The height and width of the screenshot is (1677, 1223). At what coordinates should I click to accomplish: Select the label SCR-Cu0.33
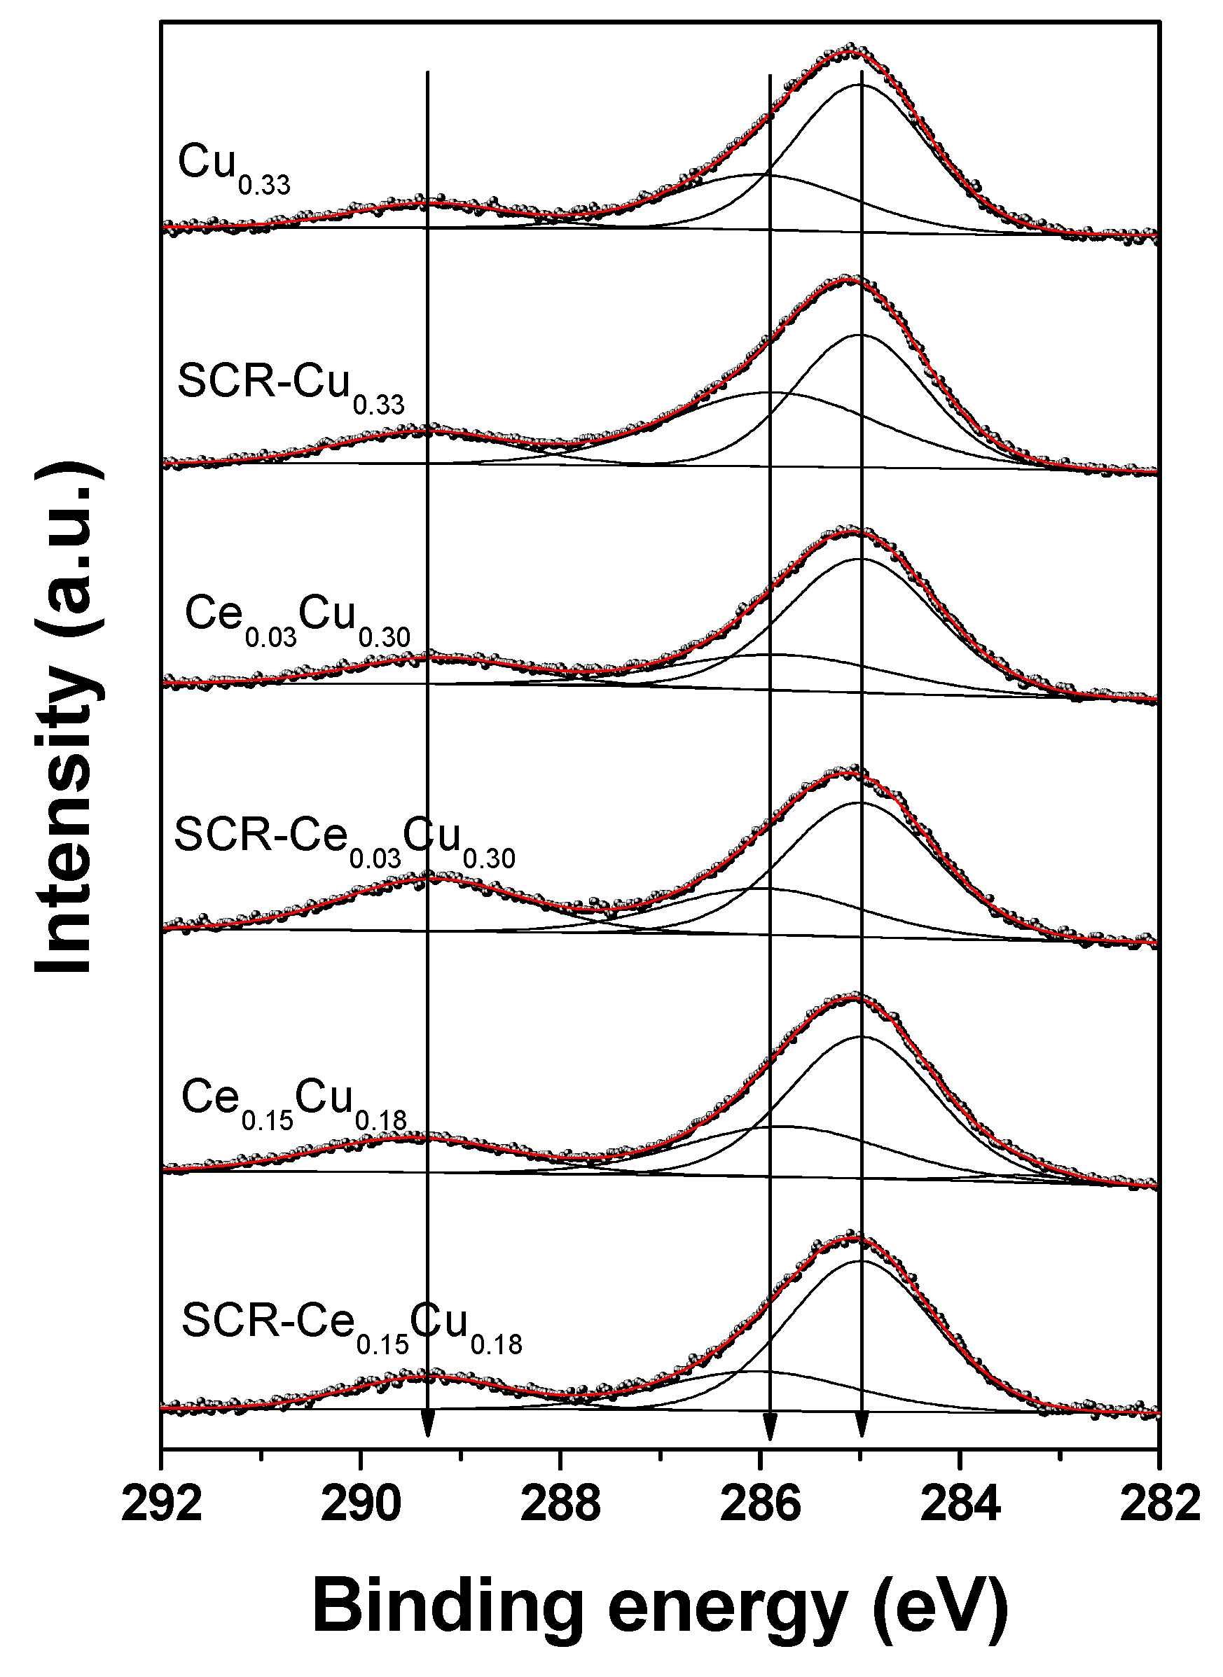click(x=291, y=389)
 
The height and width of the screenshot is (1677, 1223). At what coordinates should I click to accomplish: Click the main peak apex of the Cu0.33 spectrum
click(x=851, y=50)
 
